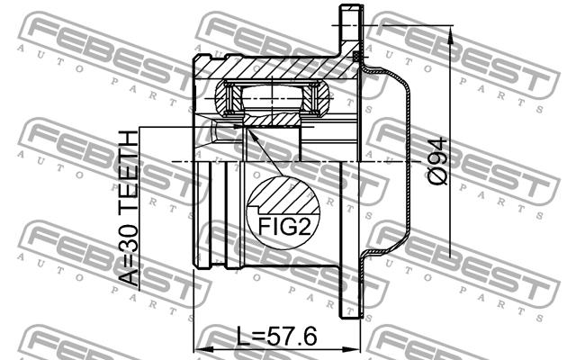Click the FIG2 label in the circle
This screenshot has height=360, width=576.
pyautogui.click(x=284, y=226)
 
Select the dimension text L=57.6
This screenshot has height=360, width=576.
pyautogui.click(x=276, y=336)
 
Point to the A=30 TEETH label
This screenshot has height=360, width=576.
pyautogui.click(x=129, y=208)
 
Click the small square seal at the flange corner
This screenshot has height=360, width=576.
pyautogui.click(x=355, y=56)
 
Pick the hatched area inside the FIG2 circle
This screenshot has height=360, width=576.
pyautogui.click(x=283, y=195)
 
